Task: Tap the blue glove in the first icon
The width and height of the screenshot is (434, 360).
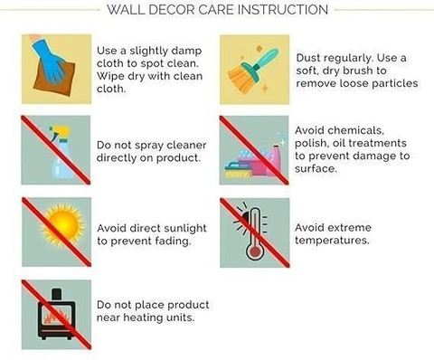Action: click(x=48, y=61)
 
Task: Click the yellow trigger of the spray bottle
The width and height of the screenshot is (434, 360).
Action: click(x=61, y=132)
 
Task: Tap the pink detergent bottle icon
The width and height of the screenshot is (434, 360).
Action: click(x=276, y=160)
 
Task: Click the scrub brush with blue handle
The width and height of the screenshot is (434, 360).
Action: click(x=238, y=170)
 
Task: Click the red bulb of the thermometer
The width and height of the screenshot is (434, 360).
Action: click(x=255, y=251)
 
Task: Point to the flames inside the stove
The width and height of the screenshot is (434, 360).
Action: click(x=56, y=317)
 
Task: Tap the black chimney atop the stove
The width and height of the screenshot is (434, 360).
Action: click(x=57, y=295)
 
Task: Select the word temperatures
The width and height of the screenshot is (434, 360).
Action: click(x=332, y=241)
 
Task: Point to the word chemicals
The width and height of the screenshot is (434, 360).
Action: click(x=355, y=130)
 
